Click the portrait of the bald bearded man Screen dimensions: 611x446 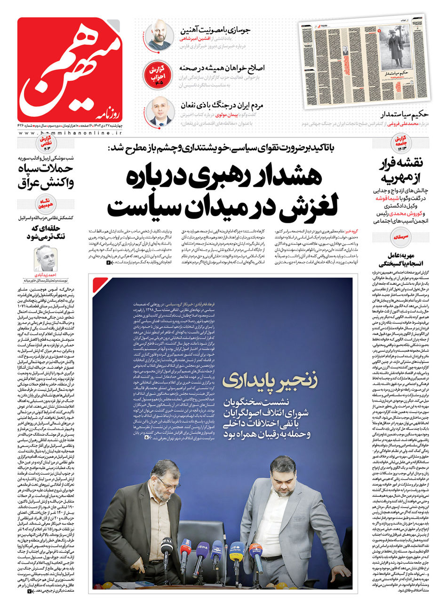(x=158, y=35)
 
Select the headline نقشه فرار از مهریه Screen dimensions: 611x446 (x=404, y=171)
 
